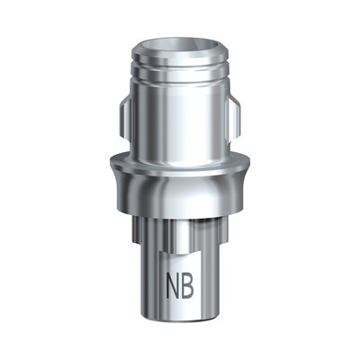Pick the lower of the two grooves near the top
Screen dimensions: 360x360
[180, 78]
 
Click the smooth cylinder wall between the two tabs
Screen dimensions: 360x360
[180, 117]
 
